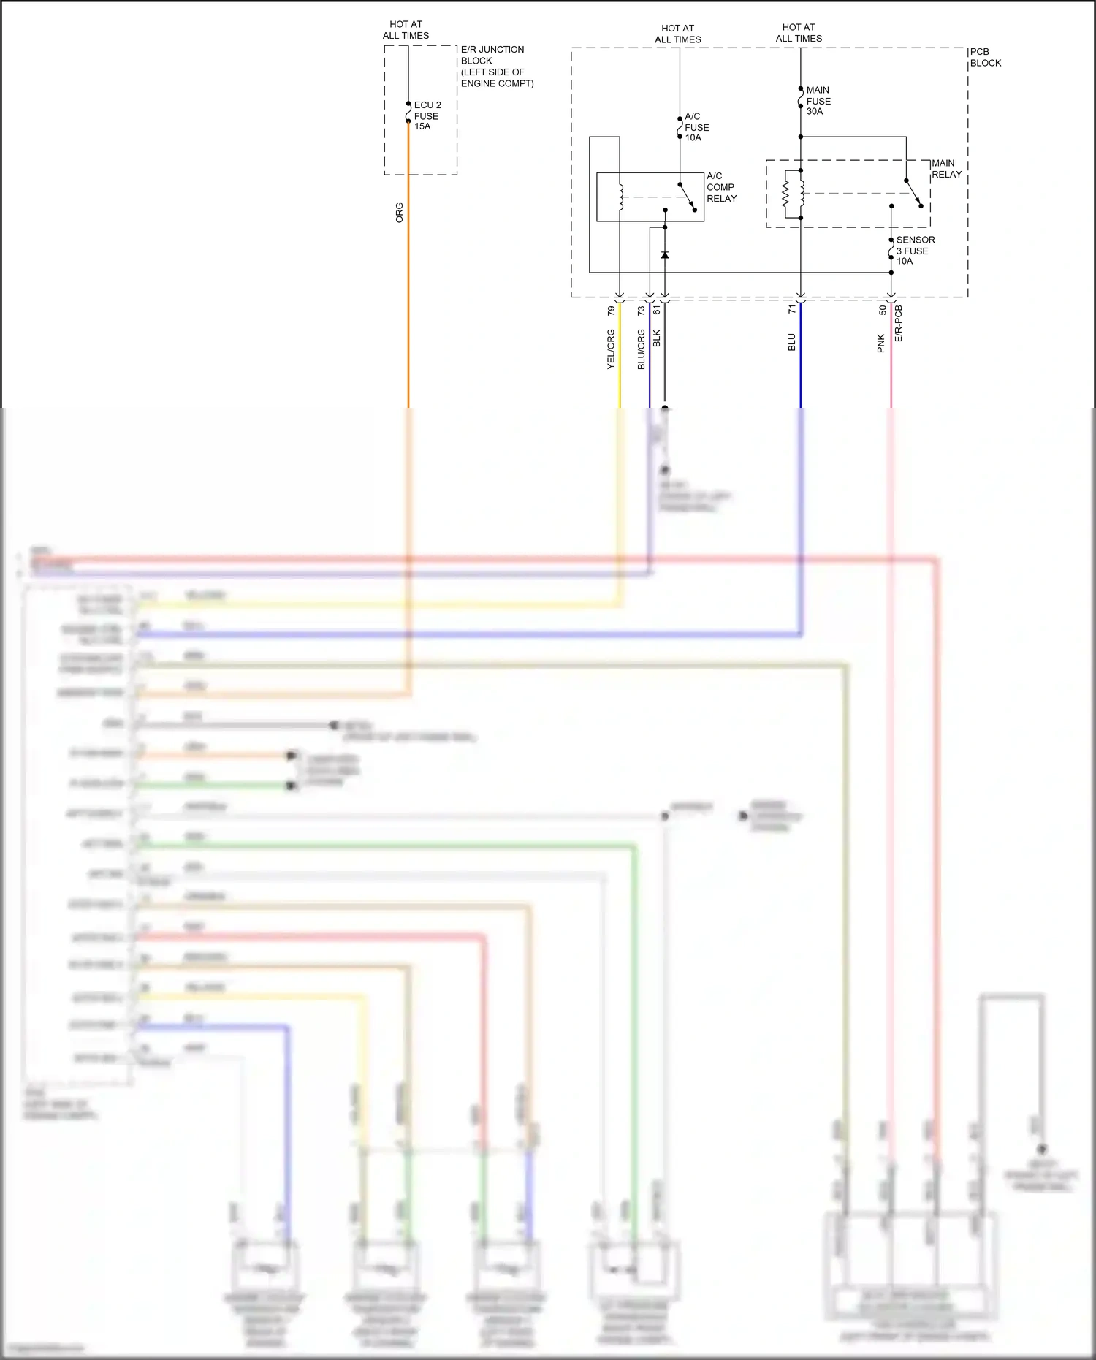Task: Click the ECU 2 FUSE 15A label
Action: coord(427,115)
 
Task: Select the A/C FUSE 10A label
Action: coord(696,127)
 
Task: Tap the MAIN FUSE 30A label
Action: coord(818,101)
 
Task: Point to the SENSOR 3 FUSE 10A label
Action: coord(914,250)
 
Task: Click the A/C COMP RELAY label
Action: coord(720,187)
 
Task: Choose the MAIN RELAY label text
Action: coord(945,169)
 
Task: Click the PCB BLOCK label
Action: coord(985,57)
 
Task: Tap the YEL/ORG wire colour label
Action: coord(611,349)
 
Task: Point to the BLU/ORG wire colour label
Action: coord(641,349)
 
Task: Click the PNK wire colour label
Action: coord(880,343)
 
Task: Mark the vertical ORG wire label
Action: coord(399,213)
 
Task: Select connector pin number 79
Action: coord(611,311)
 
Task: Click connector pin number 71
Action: coord(791,310)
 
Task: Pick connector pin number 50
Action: coord(882,310)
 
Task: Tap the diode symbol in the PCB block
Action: coord(664,255)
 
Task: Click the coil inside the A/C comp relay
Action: coord(621,197)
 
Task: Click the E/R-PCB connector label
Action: coord(898,323)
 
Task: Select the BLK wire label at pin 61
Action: coord(656,338)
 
